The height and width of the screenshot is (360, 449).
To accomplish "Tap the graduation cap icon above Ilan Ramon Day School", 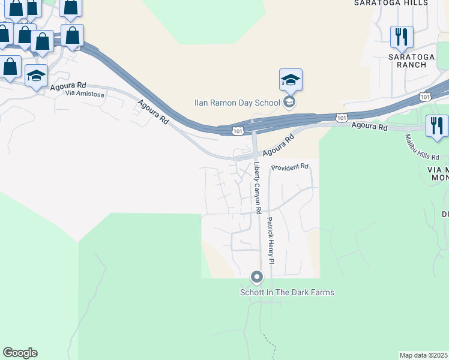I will click(x=291, y=80).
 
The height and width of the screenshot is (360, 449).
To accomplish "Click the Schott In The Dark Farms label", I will click(x=287, y=292).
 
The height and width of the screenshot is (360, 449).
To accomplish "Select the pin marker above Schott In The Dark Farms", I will click(x=257, y=277).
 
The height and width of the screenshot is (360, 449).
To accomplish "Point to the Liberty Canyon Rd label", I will click(x=258, y=188).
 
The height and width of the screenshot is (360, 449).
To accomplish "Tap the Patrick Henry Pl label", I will click(x=271, y=241).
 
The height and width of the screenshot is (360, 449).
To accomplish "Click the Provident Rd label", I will click(x=289, y=167).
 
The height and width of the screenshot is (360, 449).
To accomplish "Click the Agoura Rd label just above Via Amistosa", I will click(x=68, y=86).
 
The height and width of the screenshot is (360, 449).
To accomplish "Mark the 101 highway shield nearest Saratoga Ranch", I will click(x=426, y=96).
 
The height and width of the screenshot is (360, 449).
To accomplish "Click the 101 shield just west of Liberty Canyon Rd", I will click(x=238, y=130).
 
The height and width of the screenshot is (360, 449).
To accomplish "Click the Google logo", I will click(x=20, y=353).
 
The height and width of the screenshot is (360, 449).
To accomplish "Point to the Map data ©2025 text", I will click(x=424, y=355).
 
